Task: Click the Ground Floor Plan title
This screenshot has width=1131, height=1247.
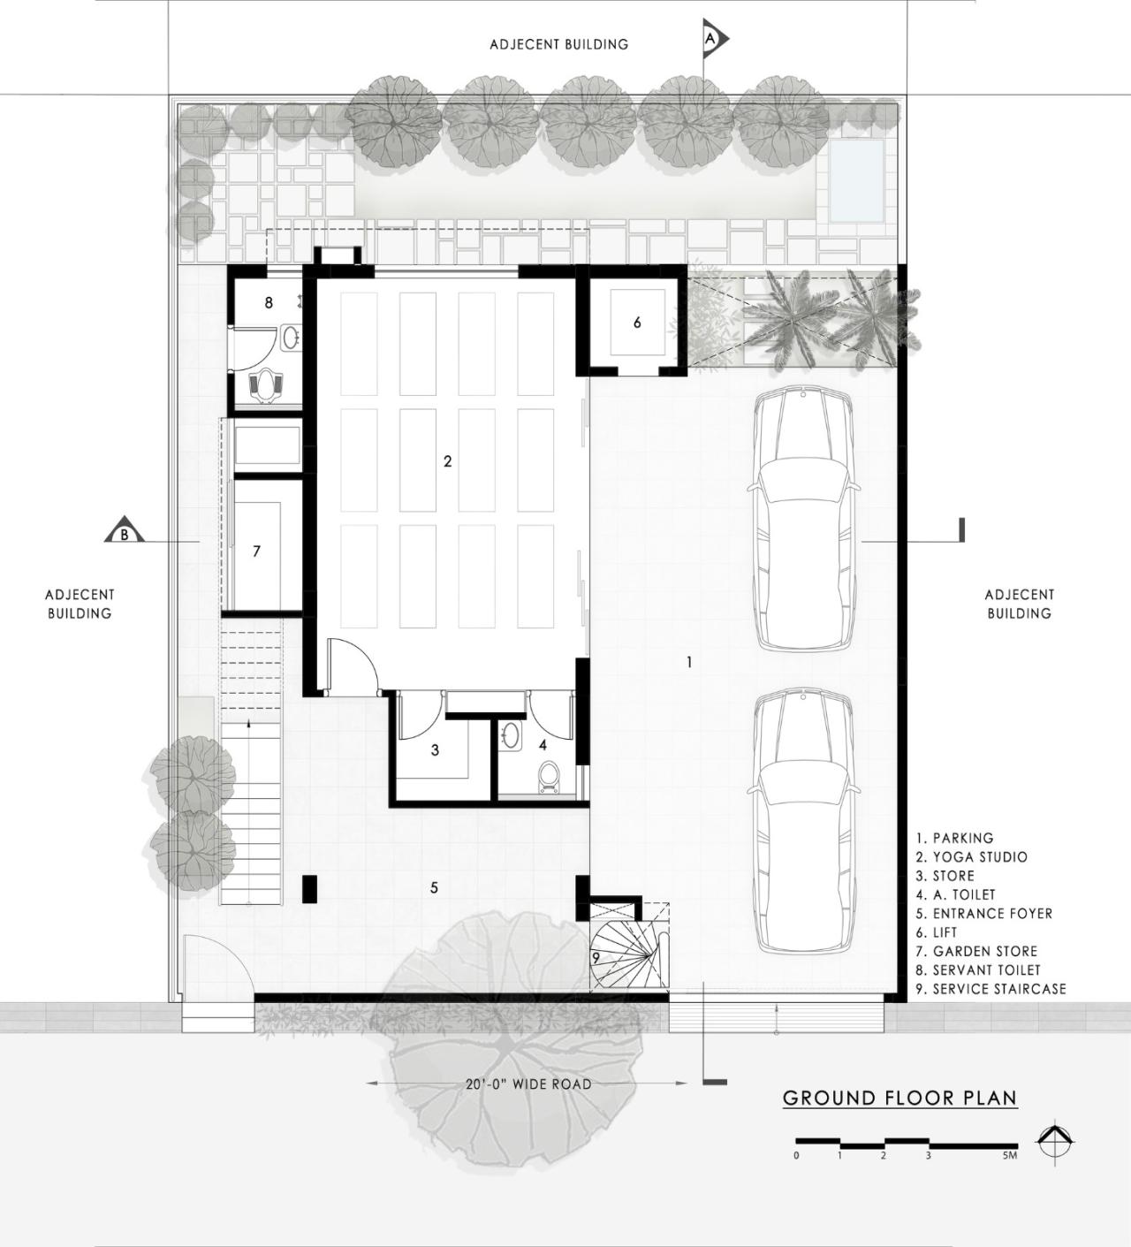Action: click(899, 1098)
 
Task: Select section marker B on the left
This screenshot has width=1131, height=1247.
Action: click(125, 532)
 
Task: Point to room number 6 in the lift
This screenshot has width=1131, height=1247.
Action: click(637, 323)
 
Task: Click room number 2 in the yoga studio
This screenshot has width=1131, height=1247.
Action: click(448, 461)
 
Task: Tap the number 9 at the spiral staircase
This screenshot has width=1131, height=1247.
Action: click(596, 957)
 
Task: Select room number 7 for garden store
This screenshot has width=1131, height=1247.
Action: click(256, 551)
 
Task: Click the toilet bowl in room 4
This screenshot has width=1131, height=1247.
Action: click(549, 777)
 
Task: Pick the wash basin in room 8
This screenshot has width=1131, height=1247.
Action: click(290, 337)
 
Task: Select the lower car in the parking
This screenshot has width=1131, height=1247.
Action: click(802, 822)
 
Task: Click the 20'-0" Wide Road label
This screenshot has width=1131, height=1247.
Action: click(528, 1084)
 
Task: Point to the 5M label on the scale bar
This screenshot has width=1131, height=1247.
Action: click(1010, 1155)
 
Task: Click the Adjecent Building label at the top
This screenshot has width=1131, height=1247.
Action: click(558, 44)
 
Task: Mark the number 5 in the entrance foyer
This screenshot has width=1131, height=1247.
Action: click(434, 887)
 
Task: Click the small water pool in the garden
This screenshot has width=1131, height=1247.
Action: click(855, 182)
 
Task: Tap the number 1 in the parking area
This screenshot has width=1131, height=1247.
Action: click(689, 662)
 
